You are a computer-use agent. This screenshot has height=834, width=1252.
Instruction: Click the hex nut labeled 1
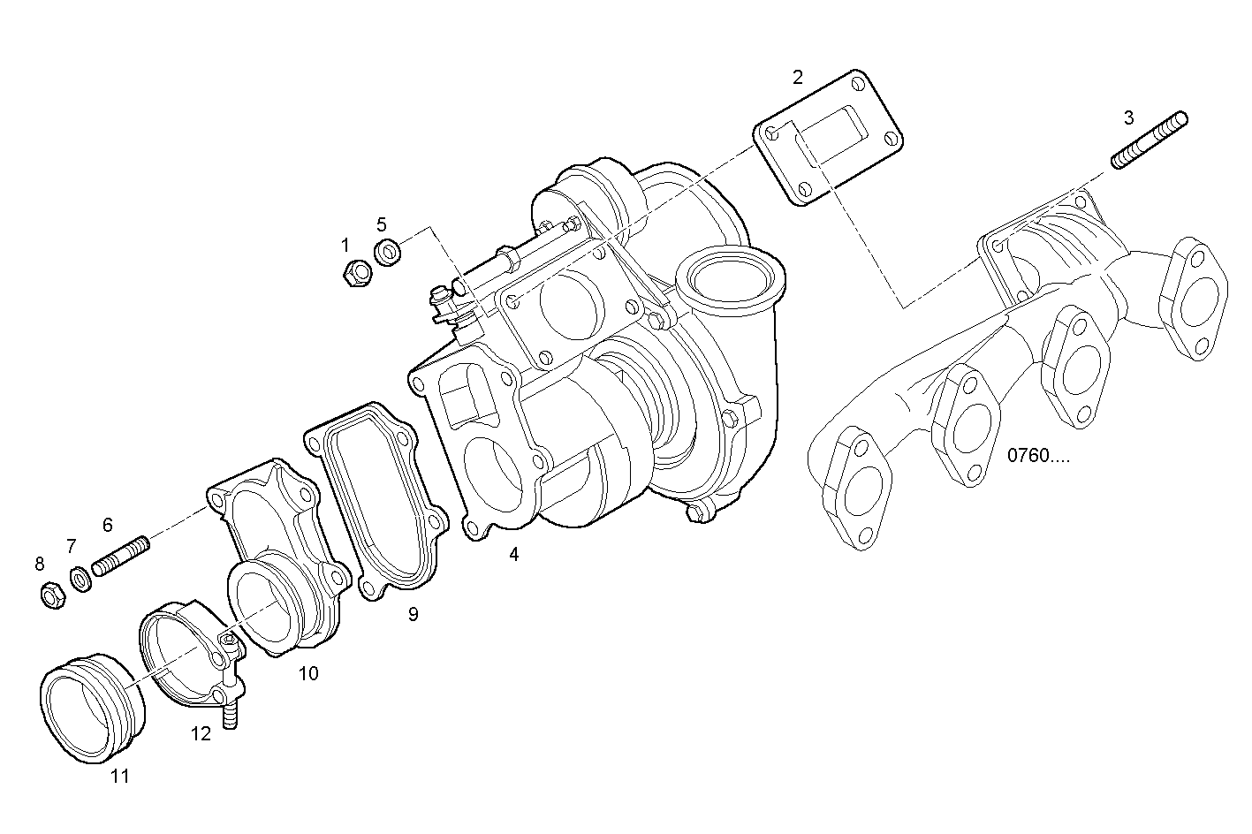pyautogui.click(x=357, y=274)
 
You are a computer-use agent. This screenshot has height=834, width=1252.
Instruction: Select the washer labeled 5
pyautogui.click(x=388, y=253)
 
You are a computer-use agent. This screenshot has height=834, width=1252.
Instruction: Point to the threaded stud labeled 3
pyautogui.click(x=1149, y=140)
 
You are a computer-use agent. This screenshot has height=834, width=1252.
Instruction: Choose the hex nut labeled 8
pyautogui.click(x=51, y=596)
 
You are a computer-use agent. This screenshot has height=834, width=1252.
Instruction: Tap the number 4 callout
pyautogui.click(x=514, y=555)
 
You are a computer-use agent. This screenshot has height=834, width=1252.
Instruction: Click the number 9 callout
pyautogui.click(x=413, y=614)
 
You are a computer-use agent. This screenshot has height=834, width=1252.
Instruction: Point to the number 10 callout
pyautogui.click(x=308, y=674)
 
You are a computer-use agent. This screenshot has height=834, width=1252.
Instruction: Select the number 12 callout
pyautogui.click(x=201, y=733)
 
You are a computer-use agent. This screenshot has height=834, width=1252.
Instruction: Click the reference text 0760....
pyautogui.click(x=1038, y=456)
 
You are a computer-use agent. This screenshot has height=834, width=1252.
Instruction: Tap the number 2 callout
pyautogui.click(x=798, y=77)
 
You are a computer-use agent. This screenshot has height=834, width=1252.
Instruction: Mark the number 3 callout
pyautogui.click(x=1129, y=117)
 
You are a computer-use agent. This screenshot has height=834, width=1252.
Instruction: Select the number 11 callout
pyautogui.click(x=119, y=777)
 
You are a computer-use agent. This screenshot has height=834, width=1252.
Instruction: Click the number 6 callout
pyautogui.click(x=108, y=525)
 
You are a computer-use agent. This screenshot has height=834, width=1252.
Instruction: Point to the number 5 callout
pyautogui.click(x=382, y=224)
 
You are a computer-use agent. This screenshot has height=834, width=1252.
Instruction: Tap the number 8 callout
pyautogui.click(x=39, y=564)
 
